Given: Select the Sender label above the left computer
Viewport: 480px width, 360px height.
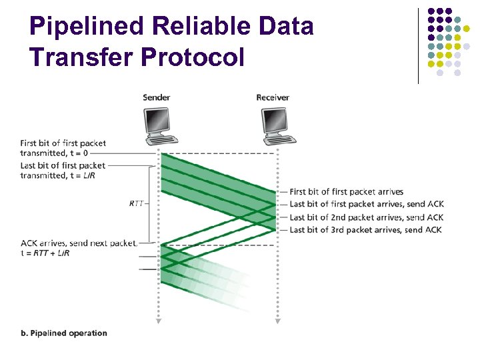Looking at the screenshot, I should point(157,98).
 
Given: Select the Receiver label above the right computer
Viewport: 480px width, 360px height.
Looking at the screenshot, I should point(273,98).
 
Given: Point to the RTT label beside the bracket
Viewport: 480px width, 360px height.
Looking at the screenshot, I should point(137,204).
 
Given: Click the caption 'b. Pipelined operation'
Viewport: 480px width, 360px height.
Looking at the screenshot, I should point(64,333).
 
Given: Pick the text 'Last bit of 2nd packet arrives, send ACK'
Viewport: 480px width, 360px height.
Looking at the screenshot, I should point(366,217).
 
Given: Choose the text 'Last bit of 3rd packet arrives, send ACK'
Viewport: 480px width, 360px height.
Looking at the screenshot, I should point(365,230).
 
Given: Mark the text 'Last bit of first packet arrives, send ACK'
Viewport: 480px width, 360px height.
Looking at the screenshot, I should point(366,205).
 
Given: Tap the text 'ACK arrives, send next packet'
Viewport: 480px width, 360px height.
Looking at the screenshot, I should point(79,243).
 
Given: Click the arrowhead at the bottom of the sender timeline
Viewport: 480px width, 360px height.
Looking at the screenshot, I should point(159,321).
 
